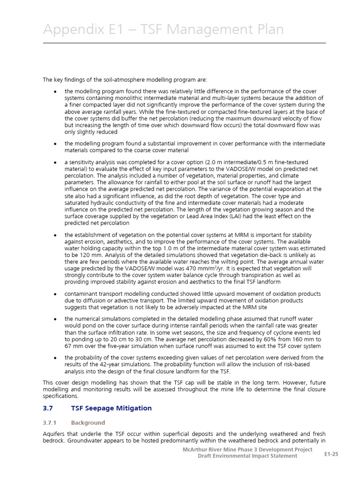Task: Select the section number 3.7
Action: [48, 408]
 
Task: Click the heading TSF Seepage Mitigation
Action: [112, 408]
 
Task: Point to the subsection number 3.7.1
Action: [51, 423]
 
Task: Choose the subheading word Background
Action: [88, 423]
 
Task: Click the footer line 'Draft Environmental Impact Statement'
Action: [247, 456]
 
